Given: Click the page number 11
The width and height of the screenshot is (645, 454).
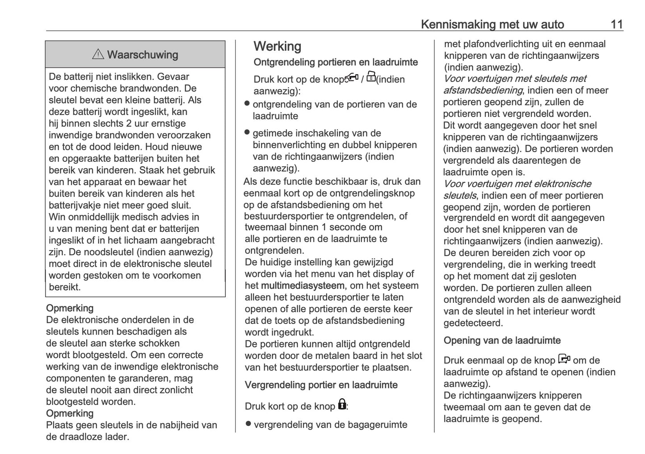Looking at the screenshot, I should (x=616, y=24).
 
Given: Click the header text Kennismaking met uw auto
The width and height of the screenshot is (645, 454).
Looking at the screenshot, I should (x=492, y=24).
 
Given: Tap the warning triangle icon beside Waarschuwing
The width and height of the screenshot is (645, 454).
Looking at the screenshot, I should (x=98, y=54).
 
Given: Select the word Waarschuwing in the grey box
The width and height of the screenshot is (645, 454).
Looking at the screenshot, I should (x=142, y=55).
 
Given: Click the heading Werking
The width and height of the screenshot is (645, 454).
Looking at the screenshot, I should (x=277, y=46).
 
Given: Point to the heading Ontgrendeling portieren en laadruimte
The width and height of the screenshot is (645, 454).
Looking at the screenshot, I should (x=335, y=62).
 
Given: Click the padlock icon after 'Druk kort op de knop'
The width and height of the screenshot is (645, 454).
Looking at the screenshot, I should (x=342, y=404).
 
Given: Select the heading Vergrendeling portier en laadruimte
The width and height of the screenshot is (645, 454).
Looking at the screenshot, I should (x=320, y=385).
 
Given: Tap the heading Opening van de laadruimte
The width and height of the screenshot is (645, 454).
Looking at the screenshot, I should (x=502, y=341).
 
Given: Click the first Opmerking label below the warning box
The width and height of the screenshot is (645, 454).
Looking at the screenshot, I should (x=70, y=308).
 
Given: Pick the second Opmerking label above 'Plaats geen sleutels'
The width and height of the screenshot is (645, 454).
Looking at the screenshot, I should (x=70, y=413).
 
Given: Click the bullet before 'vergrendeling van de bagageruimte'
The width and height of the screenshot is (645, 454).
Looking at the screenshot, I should (x=249, y=424).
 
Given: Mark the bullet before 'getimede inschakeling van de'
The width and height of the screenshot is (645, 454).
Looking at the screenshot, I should (x=247, y=132).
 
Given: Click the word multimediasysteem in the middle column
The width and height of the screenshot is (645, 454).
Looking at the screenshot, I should (x=302, y=285).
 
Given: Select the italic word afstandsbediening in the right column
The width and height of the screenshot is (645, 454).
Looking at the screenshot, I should (x=483, y=91).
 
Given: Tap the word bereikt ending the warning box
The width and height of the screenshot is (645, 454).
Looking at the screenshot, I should (x=65, y=287).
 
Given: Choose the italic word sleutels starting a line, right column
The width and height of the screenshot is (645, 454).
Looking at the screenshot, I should (x=459, y=196).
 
